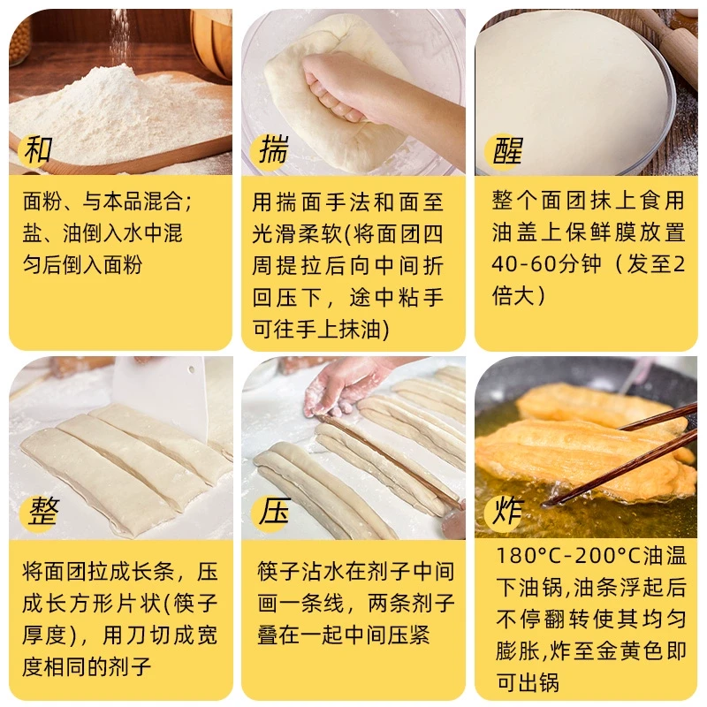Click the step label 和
point(37,149)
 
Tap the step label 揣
point(273,149)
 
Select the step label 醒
point(507,151)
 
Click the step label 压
point(273,511)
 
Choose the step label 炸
point(507,511)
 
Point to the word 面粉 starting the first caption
point(42,201)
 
